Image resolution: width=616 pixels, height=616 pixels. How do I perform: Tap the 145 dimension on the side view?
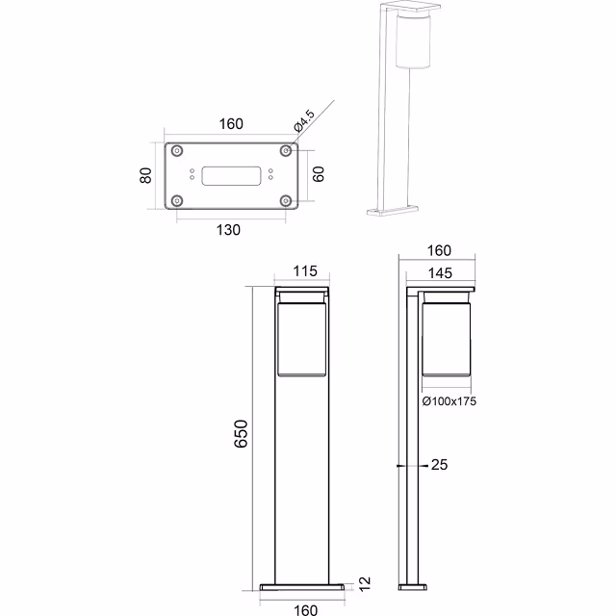[439, 273]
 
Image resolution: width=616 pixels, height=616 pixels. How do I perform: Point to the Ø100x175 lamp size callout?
[449, 400]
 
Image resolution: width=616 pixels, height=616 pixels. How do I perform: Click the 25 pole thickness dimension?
[440, 465]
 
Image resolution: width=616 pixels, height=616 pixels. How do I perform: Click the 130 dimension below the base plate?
[228, 229]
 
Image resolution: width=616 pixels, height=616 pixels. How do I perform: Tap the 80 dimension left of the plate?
[147, 175]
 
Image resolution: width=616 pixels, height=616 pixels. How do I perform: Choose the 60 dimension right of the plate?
[319, 175]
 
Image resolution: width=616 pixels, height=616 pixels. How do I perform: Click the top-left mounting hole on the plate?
[178, 151]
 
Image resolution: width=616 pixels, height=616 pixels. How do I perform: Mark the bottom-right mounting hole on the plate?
[286, 200]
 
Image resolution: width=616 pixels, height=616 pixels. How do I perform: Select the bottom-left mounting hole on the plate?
[178, 200]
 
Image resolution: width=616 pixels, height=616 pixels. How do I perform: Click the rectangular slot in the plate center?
[231, 175]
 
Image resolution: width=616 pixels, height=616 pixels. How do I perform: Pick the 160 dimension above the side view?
[439, 251]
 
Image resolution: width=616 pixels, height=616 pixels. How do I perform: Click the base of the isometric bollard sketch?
[394, 209]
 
